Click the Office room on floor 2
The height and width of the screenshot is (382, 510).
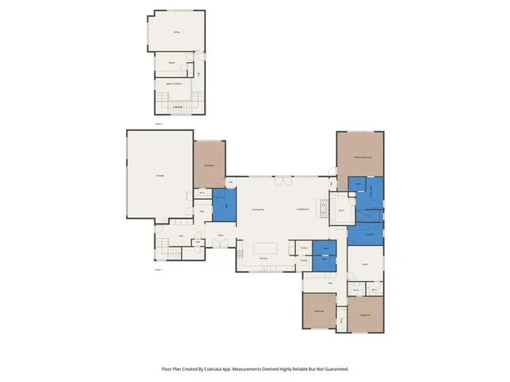tap(176, 33)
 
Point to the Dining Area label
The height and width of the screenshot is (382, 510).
tap(258, 209)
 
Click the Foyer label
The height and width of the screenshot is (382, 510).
tap(218, 235)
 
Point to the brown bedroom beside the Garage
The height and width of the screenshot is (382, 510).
tap(210, 164)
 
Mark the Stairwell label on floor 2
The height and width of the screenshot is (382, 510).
tap(177, 106)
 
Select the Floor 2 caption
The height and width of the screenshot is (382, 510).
tap(159, 124)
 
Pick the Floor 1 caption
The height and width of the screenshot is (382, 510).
tap(159, 270)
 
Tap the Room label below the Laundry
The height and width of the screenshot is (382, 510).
tap(365, 263)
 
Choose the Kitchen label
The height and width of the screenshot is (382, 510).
tap(262, 259)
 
